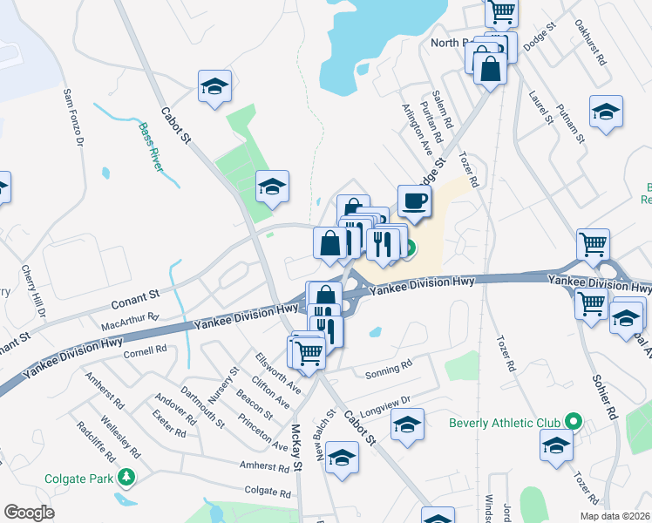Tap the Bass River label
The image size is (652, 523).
(150, 146)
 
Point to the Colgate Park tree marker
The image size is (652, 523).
(127, 478)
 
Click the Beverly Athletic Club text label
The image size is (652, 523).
(504, 424)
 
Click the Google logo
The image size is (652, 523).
(29, 512)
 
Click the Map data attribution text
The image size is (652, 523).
(616, 516)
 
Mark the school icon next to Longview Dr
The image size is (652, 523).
(405, 426)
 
